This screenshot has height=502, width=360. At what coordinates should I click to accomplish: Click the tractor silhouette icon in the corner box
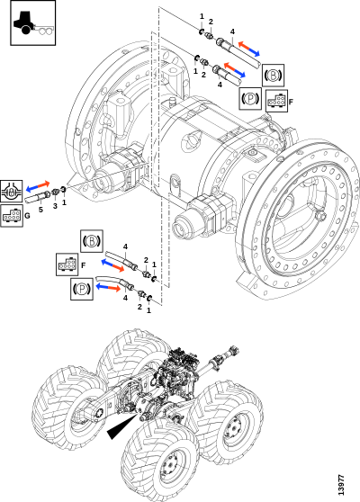click(32, 23)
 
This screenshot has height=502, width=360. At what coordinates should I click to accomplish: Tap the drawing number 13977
click(341, 484)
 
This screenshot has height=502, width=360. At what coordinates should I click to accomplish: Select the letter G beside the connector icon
click(27, 216)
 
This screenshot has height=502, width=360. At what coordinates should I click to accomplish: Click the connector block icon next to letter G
click(12, 216)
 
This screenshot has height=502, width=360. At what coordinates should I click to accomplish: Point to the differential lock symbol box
click(11, 191)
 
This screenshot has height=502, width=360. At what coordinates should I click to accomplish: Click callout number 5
click(40, 210)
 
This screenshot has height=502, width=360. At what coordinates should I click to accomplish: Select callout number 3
click(55, 206)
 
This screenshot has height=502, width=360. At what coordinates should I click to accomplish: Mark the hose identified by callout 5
click(37, 197)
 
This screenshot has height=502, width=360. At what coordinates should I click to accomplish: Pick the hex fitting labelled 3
click(55, 193)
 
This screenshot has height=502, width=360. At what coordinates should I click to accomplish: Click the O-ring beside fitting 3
click(63, 190)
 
